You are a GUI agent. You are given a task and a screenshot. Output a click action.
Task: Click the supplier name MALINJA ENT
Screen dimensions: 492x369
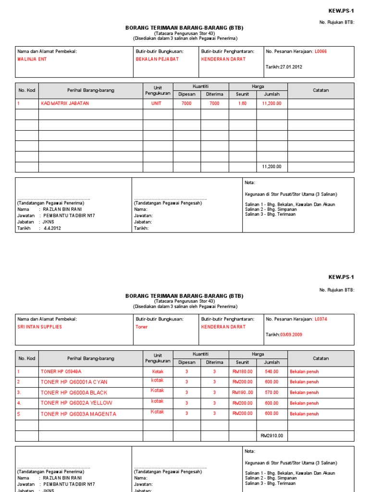click(32, 59)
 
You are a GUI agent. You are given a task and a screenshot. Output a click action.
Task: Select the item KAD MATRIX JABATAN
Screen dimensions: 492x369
click(65, 103)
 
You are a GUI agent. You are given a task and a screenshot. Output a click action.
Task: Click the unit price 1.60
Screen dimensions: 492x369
click(242, 103)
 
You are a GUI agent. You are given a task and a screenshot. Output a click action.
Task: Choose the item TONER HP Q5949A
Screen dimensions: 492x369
click(61, 371)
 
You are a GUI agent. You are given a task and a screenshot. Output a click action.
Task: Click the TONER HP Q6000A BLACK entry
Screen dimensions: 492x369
click(74, 393)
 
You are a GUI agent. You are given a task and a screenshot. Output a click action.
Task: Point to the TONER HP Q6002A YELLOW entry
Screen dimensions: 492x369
click(76, 403)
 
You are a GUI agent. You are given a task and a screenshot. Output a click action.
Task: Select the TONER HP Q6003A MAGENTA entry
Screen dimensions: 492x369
click(78, 414)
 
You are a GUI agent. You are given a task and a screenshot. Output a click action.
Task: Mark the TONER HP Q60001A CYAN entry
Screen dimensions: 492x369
click(74, 382)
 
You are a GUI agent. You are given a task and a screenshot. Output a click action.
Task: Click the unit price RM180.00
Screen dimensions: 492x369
click(242, 371)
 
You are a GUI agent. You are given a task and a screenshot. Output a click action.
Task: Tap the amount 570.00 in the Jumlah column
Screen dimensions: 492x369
click(271, 393)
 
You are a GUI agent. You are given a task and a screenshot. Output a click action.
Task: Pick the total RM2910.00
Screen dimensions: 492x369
click(271, 436)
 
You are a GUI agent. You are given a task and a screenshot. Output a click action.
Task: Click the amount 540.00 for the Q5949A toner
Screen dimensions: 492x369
click(271, 371)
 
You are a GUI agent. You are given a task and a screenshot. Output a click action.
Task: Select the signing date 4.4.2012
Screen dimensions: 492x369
click(52, 228)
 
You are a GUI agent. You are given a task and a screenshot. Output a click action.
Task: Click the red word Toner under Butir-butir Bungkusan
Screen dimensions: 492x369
click(142, 327)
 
